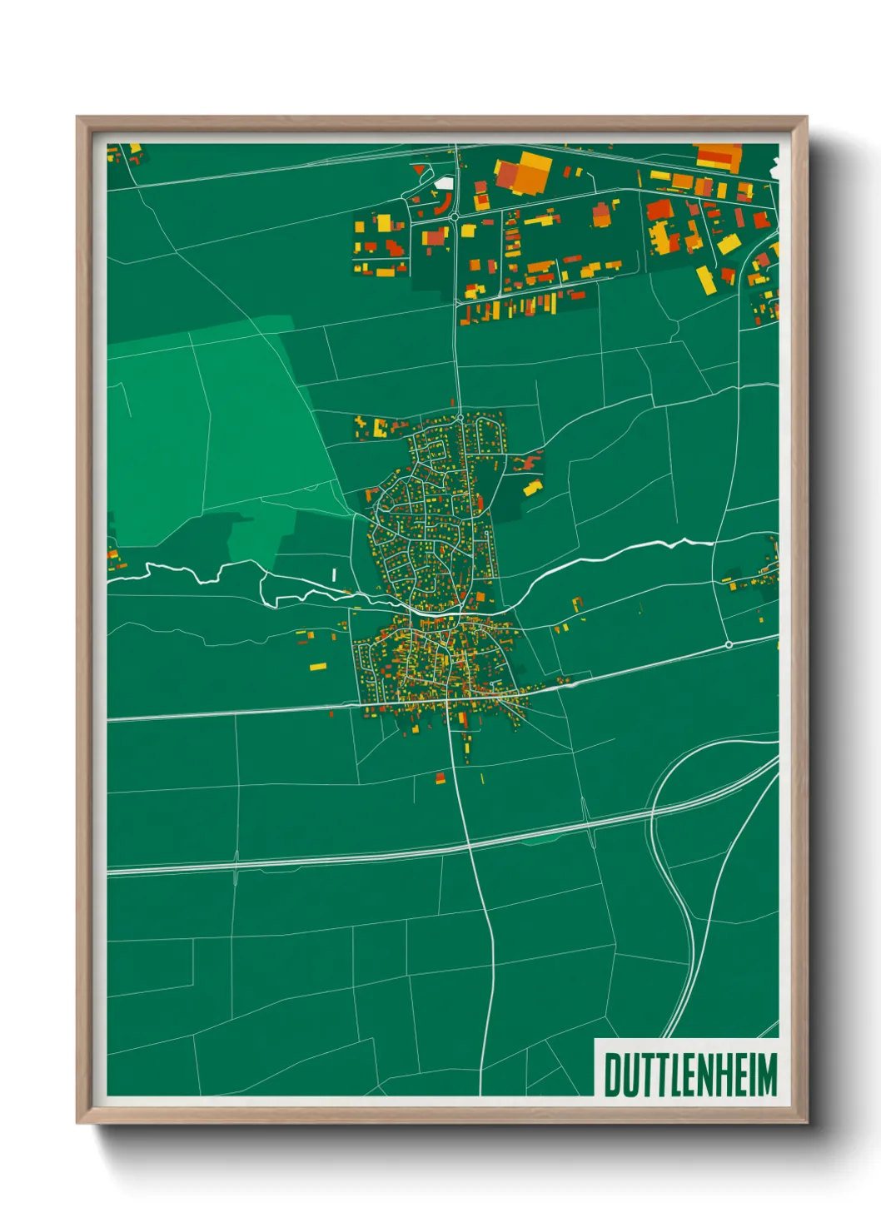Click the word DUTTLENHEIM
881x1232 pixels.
[x=689, y=1075]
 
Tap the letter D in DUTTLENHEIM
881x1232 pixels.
[x=611, y=1075]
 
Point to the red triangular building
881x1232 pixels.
[x=418, y=170]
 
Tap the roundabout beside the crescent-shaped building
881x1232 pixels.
[x=455, y=217]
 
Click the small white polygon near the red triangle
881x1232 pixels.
[x=445, y=181]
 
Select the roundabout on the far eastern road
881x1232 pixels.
[x=729, y=644]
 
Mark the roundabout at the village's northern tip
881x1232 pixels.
[x=460, y=417]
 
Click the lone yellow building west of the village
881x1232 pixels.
[x=318, y=666]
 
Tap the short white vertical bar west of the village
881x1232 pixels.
[x=334, y=574]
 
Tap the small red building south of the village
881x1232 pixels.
[x=440, y=779]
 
